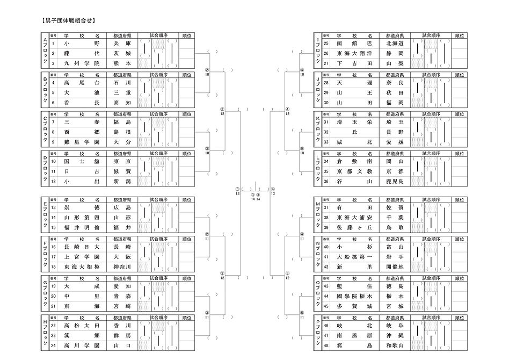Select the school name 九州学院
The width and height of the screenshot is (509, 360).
pos(82,63)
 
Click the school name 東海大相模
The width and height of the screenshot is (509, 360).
pos(82,266)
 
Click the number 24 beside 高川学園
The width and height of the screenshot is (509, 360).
pos(53,345)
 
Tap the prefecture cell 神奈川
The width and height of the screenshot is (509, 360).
pos(122,266)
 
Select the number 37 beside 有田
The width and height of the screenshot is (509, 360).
pos(326,207)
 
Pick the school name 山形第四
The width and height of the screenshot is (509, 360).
pos(82,218)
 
